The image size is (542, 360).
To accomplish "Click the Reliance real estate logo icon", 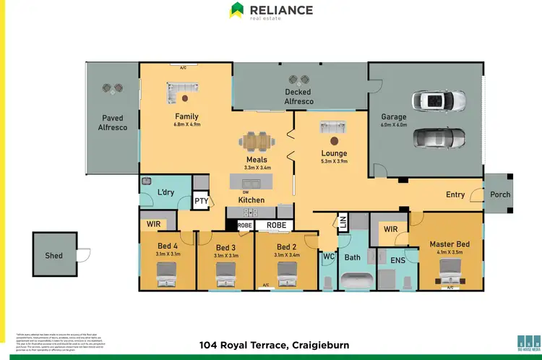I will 236,10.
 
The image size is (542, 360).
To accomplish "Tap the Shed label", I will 53,255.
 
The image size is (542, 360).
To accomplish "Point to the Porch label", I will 500,194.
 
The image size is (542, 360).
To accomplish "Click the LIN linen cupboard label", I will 343,223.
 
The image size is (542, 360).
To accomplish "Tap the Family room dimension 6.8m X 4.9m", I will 186,124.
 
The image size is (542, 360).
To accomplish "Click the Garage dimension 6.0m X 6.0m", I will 394,124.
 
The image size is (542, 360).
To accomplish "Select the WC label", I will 327,257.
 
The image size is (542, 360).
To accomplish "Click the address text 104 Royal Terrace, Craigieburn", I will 274,346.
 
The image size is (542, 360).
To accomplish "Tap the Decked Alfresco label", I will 298,97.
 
